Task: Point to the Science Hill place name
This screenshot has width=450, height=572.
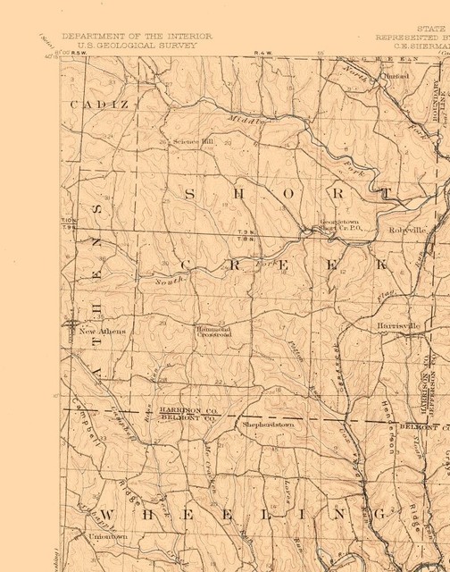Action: click(x=194, y=141)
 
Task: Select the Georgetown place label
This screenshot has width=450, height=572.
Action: click(x=340, y=221)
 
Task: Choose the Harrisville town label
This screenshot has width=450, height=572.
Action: click(x=397, y=326)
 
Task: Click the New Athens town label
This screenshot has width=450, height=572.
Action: click(x=103, y=332)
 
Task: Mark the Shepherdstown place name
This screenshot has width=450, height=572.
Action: click(x=268, y=425)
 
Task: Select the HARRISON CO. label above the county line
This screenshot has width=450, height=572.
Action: click(x=188, y=408)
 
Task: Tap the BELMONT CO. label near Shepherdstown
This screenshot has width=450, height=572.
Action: click(x=188, y=416)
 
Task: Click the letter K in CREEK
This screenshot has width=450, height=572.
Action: click(x=381, y=265)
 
